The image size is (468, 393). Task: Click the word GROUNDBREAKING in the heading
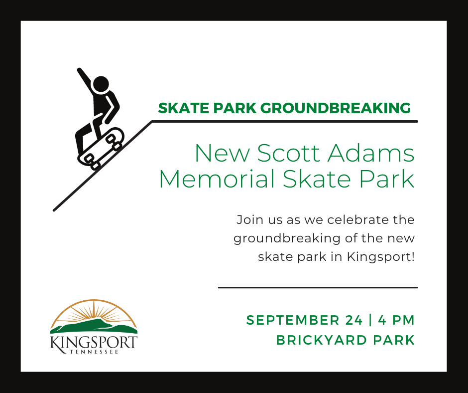[x=336, y=108]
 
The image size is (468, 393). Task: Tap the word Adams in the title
[x=371, y=153]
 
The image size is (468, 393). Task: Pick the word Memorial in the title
[x=217, y=179]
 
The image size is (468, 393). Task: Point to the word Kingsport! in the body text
[x=381, y=257]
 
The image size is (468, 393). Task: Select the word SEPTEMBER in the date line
[x=293, y=320]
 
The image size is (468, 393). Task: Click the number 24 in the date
[x=354, y=320]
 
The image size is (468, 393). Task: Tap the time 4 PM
[x=396, y=320]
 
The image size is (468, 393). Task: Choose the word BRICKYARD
[x=322, y=340]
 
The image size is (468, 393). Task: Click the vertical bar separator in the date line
[x=370, y=320]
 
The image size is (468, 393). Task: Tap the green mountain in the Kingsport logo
[x=94, y=326]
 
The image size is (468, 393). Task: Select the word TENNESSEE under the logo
[x=94, y=352]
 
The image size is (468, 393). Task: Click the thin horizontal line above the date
[x=318, y=287]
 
